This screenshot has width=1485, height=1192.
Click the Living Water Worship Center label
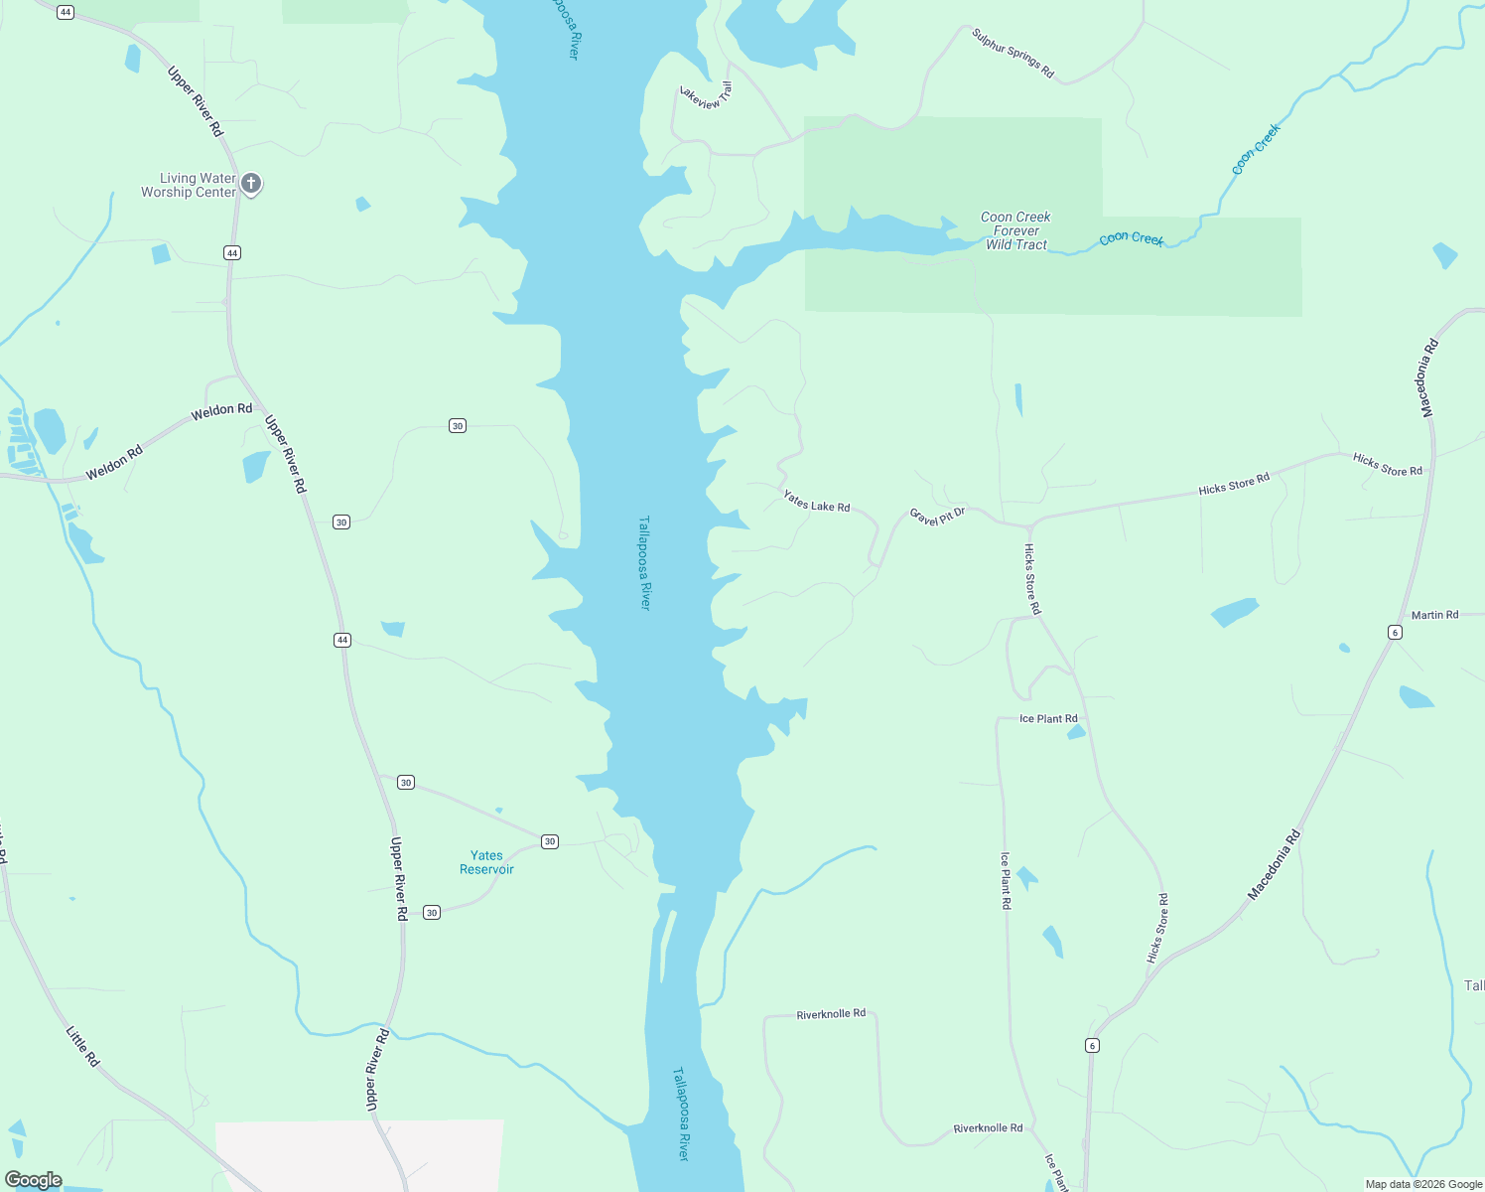point(189,186)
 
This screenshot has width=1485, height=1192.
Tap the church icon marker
point(251,183)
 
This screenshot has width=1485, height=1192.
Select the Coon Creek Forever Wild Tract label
point(1015,231)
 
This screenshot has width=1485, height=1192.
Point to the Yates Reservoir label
point(486,862)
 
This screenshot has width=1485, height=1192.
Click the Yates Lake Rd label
point(816,501)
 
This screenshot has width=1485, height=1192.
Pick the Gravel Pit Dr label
point(937,517)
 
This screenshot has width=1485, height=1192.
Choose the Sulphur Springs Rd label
point(1012,54)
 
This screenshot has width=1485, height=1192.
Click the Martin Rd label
point(1434,615)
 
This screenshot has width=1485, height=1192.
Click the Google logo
point(34,1180)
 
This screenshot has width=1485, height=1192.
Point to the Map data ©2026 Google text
point(1423,1184)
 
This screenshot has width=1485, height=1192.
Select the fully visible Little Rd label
point(83,1047)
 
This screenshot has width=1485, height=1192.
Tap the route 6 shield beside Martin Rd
point(1395,633)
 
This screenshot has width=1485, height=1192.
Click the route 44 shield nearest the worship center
point(232,253)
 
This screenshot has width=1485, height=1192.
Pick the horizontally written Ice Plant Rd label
point(1048,719)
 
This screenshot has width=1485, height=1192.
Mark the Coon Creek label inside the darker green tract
point(1131,238)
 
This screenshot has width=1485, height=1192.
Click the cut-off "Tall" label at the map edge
point(1474,985)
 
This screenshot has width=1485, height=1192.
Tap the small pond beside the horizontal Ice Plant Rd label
point(1076,733)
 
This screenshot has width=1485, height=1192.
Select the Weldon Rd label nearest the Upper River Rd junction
point(221,409)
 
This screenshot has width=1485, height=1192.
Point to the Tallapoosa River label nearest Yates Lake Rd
point(644,562)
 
